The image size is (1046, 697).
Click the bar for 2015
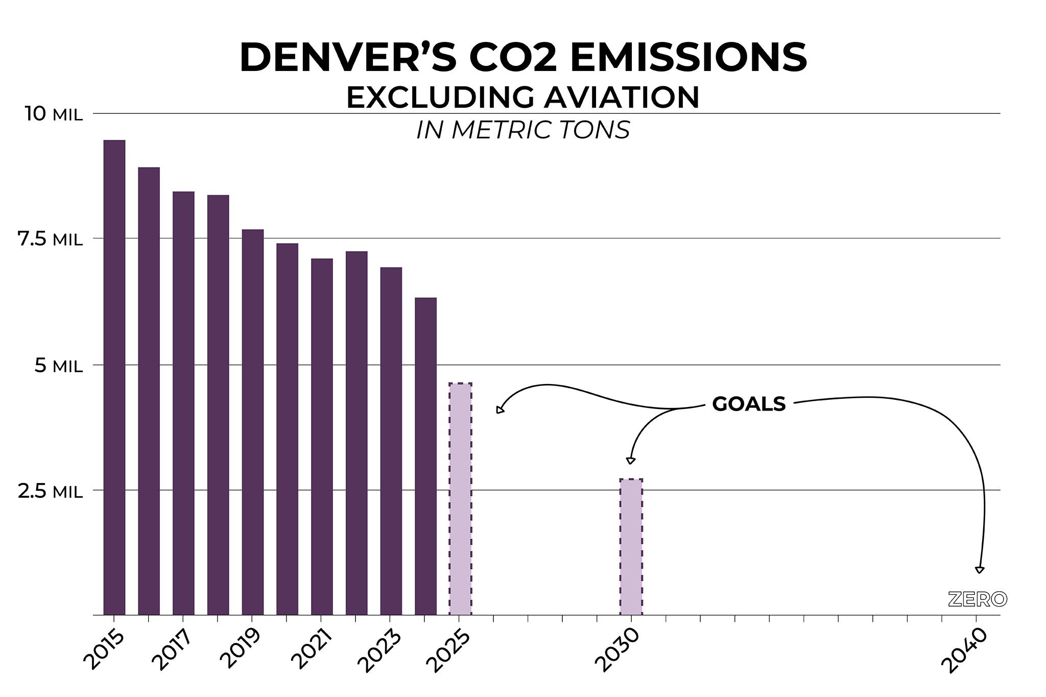coord(114,377)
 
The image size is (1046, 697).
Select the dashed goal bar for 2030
coord(631,547)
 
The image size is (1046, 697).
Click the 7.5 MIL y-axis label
coord(50,239)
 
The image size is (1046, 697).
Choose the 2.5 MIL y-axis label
coord(50,491)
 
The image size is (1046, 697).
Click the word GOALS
coord(749,404)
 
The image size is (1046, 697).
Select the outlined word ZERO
coord(977,599)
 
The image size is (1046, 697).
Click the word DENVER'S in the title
coord(348,58)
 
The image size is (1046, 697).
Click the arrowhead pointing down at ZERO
coord(979,570)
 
